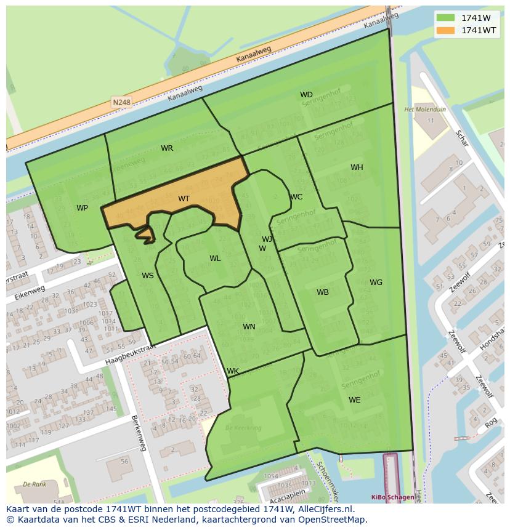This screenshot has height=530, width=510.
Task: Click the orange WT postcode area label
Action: click(x=184, y=198)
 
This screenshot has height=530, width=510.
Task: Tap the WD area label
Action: click(x=306, y=95)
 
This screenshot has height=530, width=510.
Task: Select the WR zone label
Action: click(x=167, y=148)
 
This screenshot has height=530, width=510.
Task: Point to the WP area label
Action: click(x=82, y=208)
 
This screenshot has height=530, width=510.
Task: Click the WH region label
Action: click(x=357, y=167)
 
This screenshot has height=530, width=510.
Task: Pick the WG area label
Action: click(x=376, y=283)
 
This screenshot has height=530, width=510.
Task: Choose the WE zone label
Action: click(x=355, y=400)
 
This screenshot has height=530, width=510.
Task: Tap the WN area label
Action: click(x=249, y=327)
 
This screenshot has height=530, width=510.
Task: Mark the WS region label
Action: click(x=148, y=276)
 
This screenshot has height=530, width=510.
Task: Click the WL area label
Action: click(x=215, y=259)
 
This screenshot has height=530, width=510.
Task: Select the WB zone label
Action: click(x=323, y=292)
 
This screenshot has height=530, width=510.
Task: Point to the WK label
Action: click(x=233, y=371)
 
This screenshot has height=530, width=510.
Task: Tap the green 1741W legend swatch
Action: click(x=445, y=18)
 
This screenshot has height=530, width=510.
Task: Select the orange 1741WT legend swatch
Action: click(x=445, y=30)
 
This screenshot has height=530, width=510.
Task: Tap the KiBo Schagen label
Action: click(x=392, y=497)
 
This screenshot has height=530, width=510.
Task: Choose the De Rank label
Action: click(x=34, y=484)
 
